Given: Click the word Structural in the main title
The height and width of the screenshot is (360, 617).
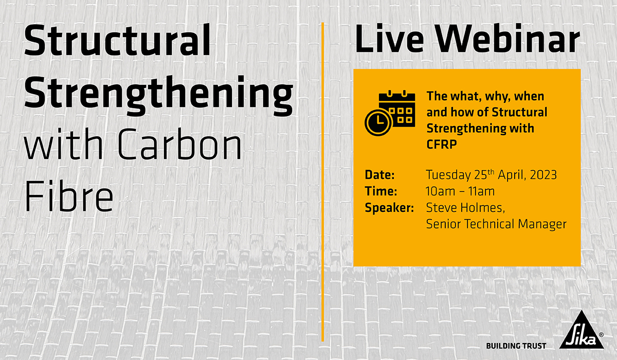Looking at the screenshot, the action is point(118,40).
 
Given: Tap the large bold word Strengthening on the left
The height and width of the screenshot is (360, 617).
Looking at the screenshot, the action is point(159,95).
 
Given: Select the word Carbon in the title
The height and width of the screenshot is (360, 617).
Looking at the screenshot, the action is point(180,144).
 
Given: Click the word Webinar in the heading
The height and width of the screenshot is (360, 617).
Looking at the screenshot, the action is point(507,38).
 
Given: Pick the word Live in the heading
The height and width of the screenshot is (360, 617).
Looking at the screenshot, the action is point(390,38).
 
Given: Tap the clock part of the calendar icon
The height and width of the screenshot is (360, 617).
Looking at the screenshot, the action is point(378,122).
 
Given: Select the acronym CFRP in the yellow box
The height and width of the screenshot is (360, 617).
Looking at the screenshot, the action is point(442,144).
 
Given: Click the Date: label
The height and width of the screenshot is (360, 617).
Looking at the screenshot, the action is point(380,175).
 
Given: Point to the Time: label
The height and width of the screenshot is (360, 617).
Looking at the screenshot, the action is point(381,191).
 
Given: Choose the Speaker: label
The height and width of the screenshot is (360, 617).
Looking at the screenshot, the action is point(390,208).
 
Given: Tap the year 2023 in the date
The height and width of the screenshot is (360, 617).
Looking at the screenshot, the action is point(543,175).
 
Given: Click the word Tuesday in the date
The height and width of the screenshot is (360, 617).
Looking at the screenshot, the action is point(448,175).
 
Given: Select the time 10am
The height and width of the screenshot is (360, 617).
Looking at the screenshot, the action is point(441,191).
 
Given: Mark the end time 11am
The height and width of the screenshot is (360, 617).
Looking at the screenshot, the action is point(481,191).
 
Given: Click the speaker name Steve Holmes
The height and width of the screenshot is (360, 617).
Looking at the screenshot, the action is point(465,208).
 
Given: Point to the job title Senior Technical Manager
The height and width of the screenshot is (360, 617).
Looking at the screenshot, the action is point(496,224).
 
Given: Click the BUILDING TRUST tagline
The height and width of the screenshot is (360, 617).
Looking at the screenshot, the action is point(516,346).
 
